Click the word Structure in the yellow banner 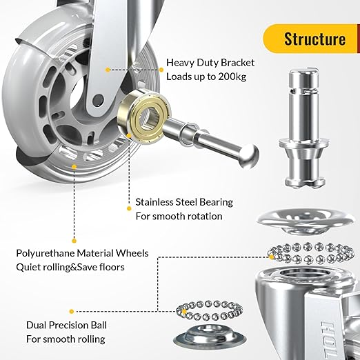[314, 39]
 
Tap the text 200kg [232, 77]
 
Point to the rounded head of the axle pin [249, 157]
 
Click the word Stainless [154, 202]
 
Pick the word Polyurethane [46, 254]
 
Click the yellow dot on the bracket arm [108, 70]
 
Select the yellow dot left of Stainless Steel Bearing [129, 208]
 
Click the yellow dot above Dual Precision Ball [72, 312]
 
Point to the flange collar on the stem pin [304, 143]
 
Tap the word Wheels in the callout [132, 253]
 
